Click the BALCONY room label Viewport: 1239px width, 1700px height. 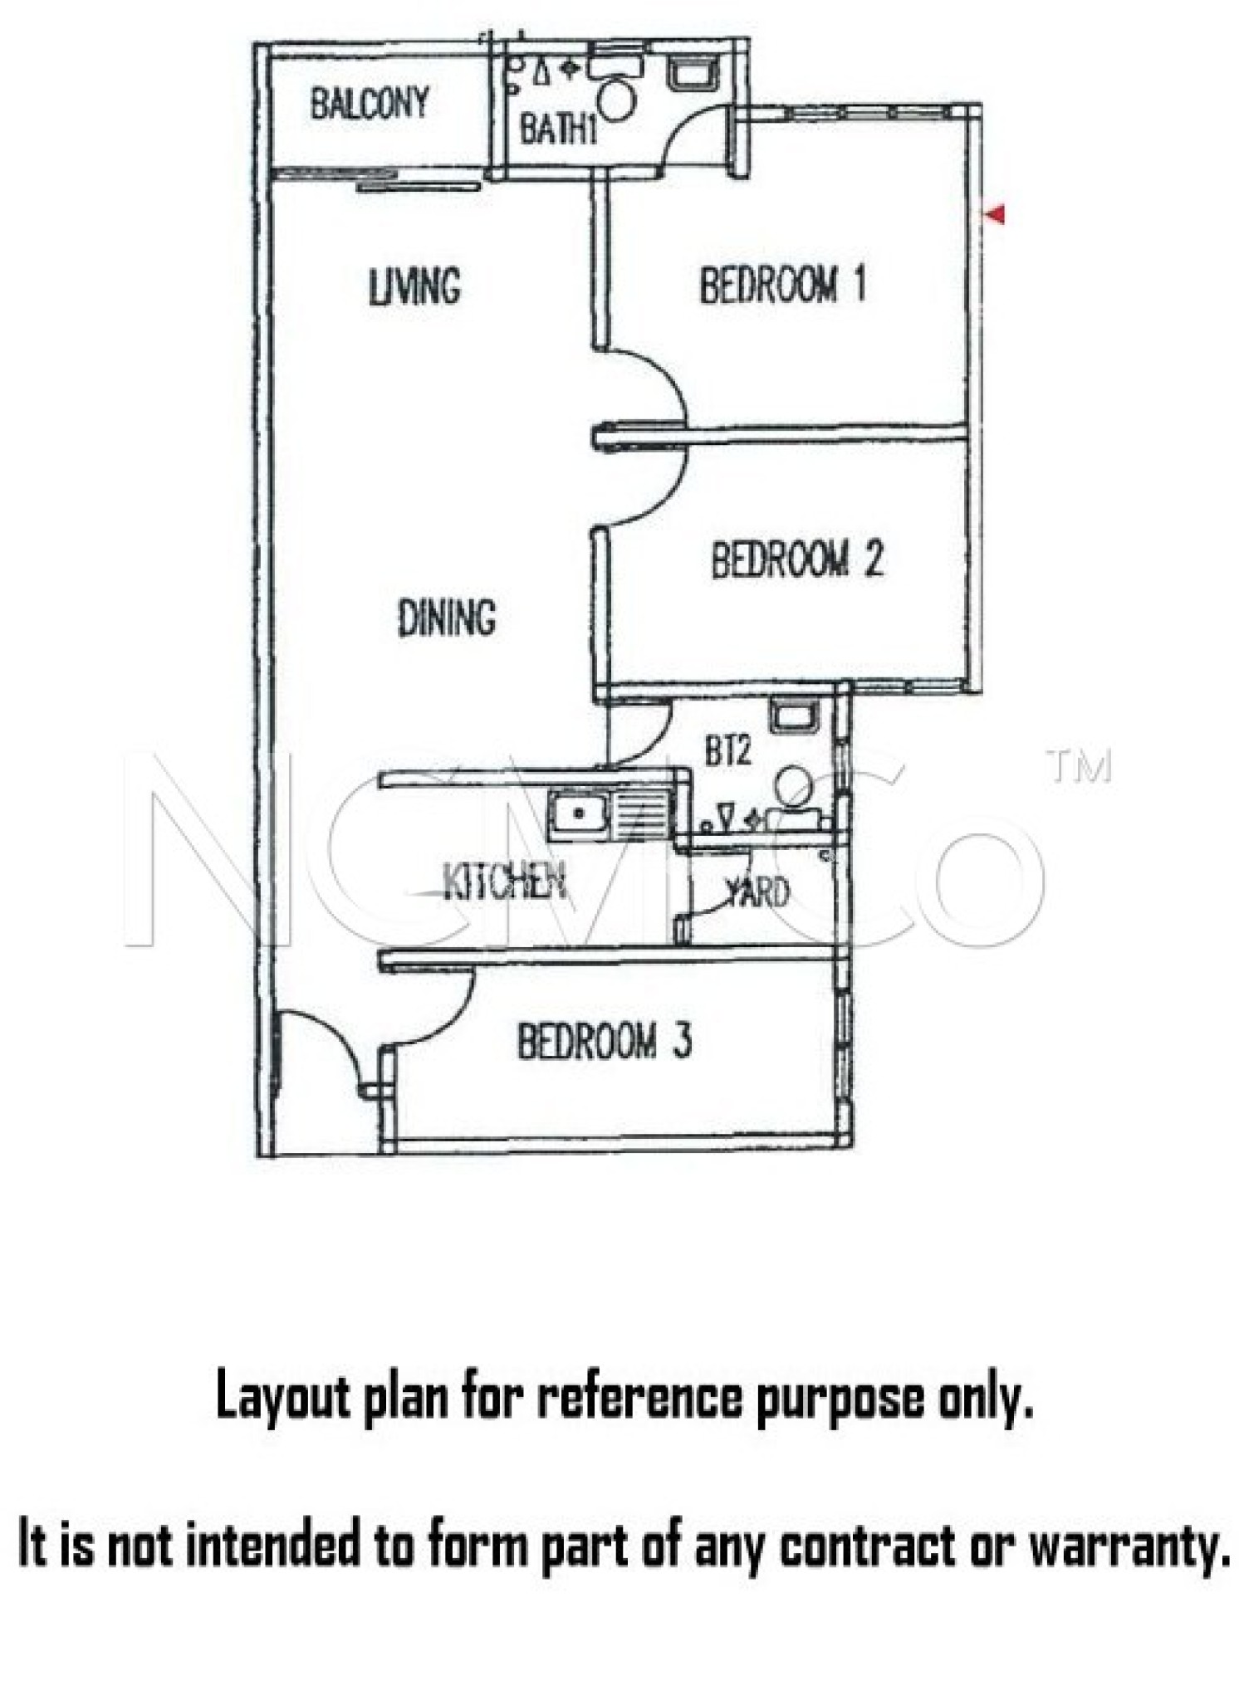pyautogui.click(x=370, y=104)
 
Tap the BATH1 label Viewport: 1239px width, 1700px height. pyautogui.click(x=558, y=129)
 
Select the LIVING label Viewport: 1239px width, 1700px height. pyautogui.click(x=414, y=286)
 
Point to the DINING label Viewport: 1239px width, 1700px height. pyautogui.click(x=447, y=618)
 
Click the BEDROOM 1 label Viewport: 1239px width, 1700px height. pyautogui.click(x=782, y=285)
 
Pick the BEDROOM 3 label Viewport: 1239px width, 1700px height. pyautogui.click(x=604, y=1041)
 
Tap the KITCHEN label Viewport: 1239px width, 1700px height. pyautogui.click(x=505, y=881)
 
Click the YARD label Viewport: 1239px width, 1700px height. pyautogui.click(x=758, y=893)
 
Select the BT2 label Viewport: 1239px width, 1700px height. pyautogui.click(x=728, y=751)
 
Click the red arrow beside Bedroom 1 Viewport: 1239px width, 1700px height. pyautogui.click(x=994, y=214)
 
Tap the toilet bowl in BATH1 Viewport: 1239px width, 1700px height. pyautogui.click(x=616, y=100)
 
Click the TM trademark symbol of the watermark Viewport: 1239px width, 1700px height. pyautogui.click(x=1080, y=768)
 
